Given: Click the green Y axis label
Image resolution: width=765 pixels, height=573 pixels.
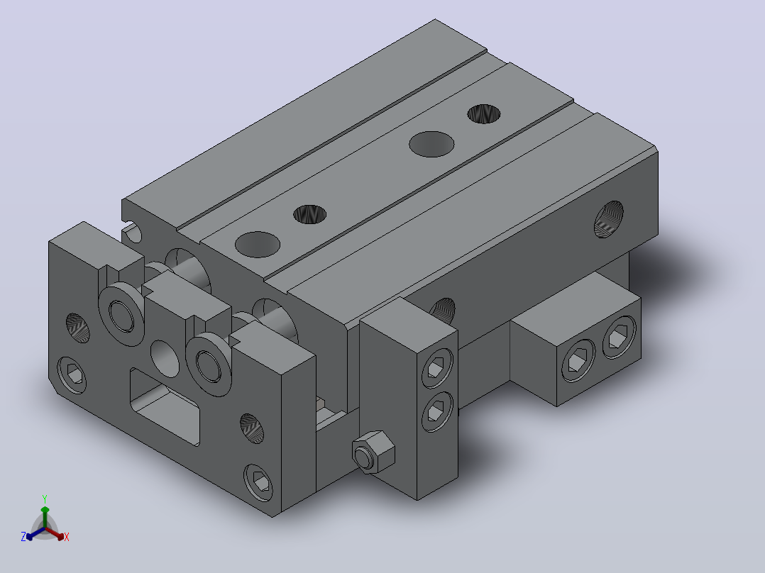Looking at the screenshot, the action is coord(45,499).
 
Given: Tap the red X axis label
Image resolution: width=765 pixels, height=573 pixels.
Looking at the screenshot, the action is coord(67,537).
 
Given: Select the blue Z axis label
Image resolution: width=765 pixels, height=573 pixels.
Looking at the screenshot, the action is coord(23,537).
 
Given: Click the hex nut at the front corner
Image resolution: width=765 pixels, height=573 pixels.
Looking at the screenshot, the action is coord(373,452).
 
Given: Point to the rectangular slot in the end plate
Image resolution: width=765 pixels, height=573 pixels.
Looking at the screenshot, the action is coord(165,407).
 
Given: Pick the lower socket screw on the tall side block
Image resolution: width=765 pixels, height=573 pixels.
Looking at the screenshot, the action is coord(437,411).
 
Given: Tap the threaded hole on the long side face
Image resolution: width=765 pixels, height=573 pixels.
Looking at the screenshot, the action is coord(609,219).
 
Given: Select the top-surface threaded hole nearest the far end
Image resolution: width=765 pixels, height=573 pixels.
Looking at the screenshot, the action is coord(484,113).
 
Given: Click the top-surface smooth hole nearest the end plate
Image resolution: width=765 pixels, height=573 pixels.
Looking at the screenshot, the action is coord(258,245).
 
